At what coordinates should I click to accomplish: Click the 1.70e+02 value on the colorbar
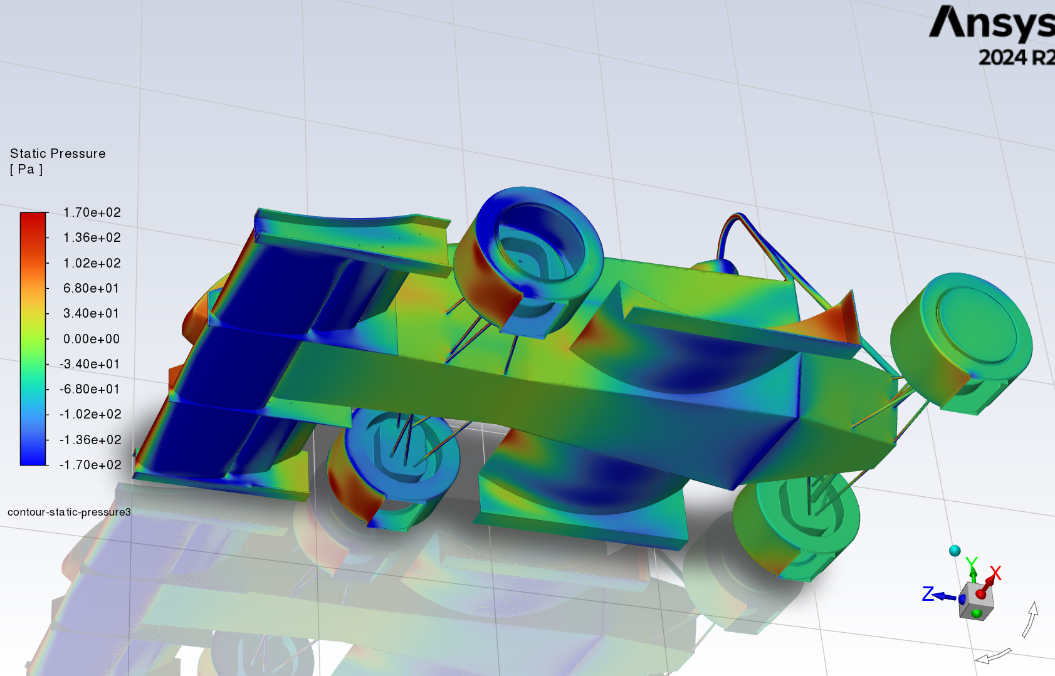point(92,212)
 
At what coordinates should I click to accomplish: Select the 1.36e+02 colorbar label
point(92,237)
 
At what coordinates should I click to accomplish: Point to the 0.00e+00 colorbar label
point(92,338)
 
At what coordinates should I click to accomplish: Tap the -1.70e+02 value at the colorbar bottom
point(90,465)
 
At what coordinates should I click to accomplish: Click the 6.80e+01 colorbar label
point(91,288)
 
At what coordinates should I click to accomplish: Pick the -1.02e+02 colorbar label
point(90,414)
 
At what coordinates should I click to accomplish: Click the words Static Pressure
point(58,153)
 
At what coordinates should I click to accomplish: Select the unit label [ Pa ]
point(26,170)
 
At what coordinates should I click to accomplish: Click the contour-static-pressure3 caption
point(69,512)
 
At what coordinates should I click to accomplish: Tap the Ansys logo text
point(992,24)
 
